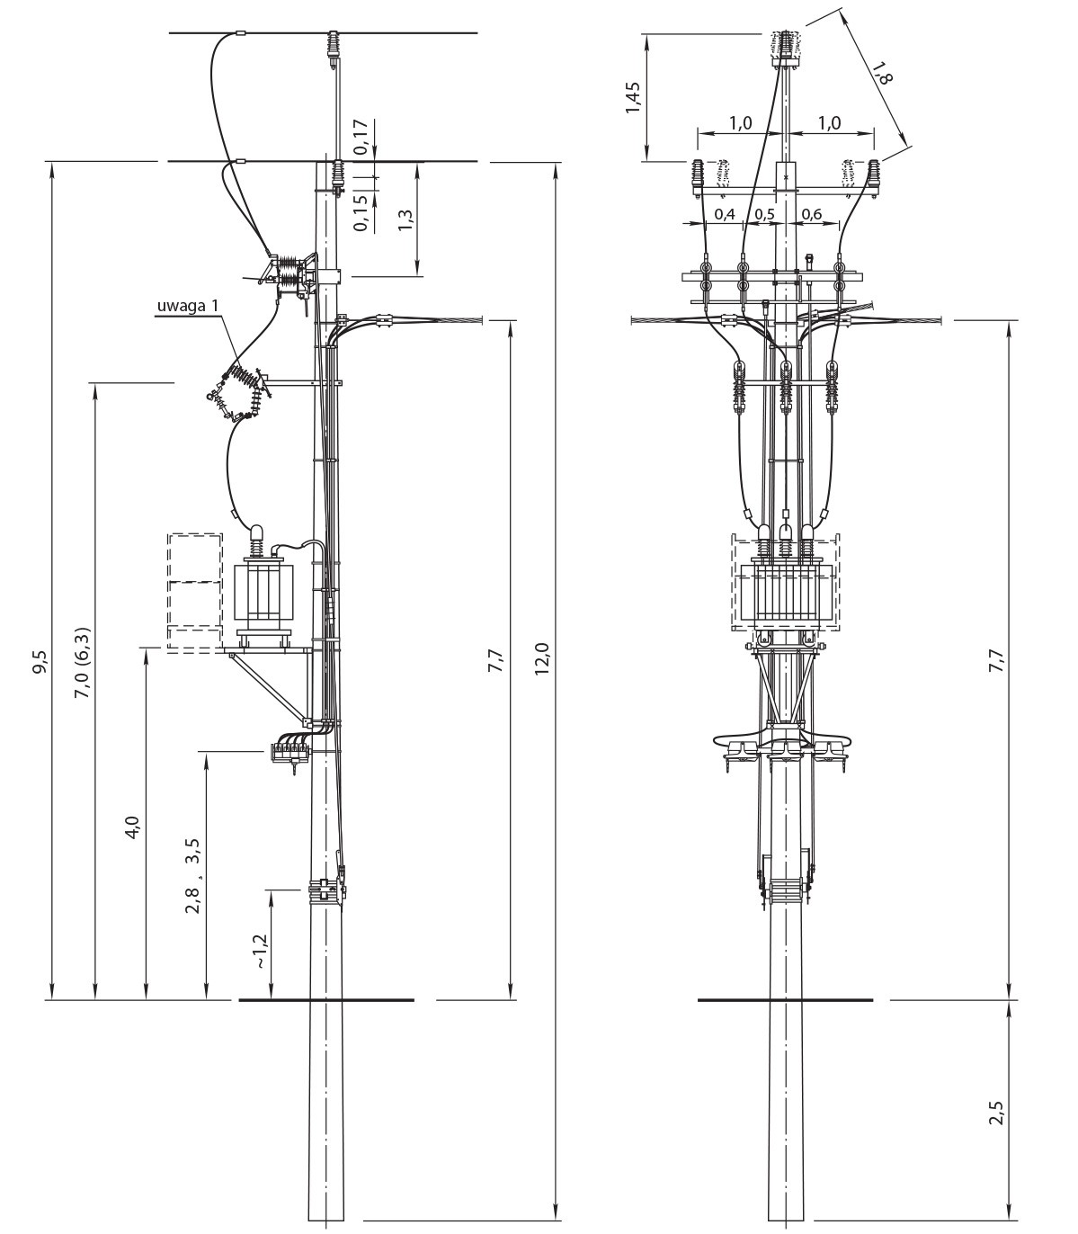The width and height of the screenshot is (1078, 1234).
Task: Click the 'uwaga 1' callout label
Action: click(188, 306)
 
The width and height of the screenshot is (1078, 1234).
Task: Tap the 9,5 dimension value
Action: click(42, 662)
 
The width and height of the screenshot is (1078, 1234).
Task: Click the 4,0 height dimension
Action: click(134, 827)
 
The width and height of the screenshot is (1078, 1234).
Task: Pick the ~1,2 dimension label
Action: click(259, 951)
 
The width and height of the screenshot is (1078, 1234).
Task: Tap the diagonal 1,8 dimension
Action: click(883, 69)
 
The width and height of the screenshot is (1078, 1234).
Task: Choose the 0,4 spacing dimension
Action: click(724, 214)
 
